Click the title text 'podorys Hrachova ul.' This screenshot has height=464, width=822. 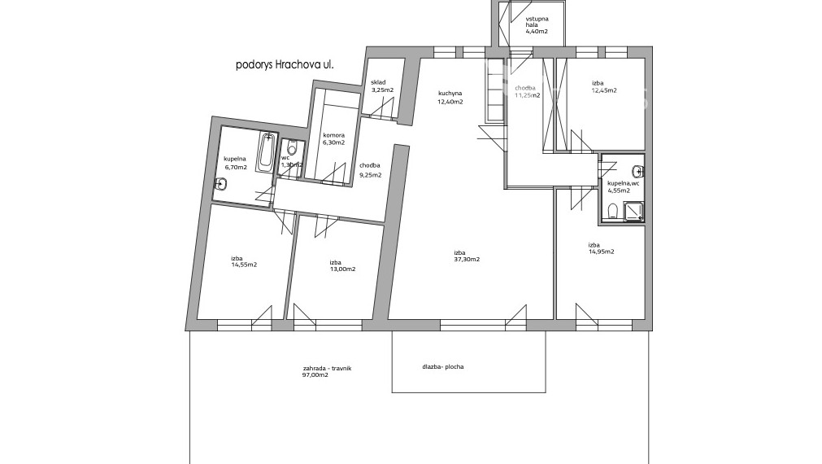[285, 65]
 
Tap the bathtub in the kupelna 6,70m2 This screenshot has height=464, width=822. [267, 153]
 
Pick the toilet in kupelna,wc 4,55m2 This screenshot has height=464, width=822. [611, 212]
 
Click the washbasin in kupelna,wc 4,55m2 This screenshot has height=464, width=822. [638, 171]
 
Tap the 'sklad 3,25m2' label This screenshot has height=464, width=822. [382, 86]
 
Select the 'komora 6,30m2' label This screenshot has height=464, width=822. [334, 138]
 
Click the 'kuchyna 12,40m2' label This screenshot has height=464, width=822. [451, 98]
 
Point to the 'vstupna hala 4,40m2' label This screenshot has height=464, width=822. [537, 25]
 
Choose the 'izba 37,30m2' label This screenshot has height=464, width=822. [467, 256]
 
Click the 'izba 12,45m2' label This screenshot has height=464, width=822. [604, 86]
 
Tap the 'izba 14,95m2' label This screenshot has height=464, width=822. [602, 247]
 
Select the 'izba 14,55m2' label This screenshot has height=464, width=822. [244, 261]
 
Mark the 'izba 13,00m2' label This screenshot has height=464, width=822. [342, 265]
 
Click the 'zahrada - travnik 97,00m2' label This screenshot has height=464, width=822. [327, 372]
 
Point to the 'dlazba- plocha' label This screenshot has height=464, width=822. [443, 367]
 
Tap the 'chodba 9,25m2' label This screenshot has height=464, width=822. [371, 170]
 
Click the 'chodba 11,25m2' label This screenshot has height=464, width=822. [528, 91]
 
